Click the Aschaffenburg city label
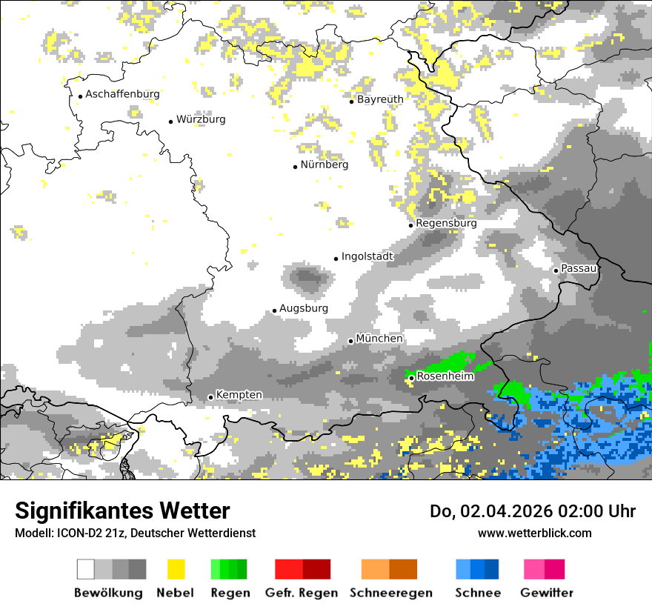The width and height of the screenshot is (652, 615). pyautogui.click(x=122, y=94)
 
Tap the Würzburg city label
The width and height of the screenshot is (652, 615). pyautogui.click(x=201, y=119)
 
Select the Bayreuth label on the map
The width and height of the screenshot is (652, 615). pyautogui.click(x=380, y=99)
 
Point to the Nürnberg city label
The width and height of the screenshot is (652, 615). pyautogui.click(x=324, y=165)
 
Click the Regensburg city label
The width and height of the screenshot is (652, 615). pyautogui.click(x=446, y=223)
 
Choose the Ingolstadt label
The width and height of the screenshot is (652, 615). pyautogui.click(x=367, y=256)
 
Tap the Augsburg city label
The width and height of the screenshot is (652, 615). pyautogui.click(x=304, y=308)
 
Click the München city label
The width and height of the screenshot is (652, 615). pyautogui.click(x=379, y=339)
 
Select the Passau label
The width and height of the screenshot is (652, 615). pyautogui.click(x=579, y=268)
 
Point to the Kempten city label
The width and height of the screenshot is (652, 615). pyautogui.click(x=239, y=395)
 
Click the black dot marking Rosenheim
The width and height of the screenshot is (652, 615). pyautogui.click(x=411, y=378)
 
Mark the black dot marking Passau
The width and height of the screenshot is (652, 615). pyautogui.click(x=556, y=270)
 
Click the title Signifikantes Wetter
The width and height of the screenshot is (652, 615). pyautogui.click(x=122, y=511)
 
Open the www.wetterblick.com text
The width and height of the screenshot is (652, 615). pyautogui.click(x=534, y=533)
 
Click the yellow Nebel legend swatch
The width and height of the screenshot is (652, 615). pyautogui.click(x=176, y=569)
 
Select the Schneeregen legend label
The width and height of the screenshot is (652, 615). pyautogui.click(x=391, y=593)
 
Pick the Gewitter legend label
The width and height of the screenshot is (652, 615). pyautogui.click(x=547, y=593)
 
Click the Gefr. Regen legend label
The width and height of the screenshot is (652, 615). pyautogui.click(x=302, y=593)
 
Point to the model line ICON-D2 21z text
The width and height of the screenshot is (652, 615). pyautogui.click(x=134, y=533)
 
